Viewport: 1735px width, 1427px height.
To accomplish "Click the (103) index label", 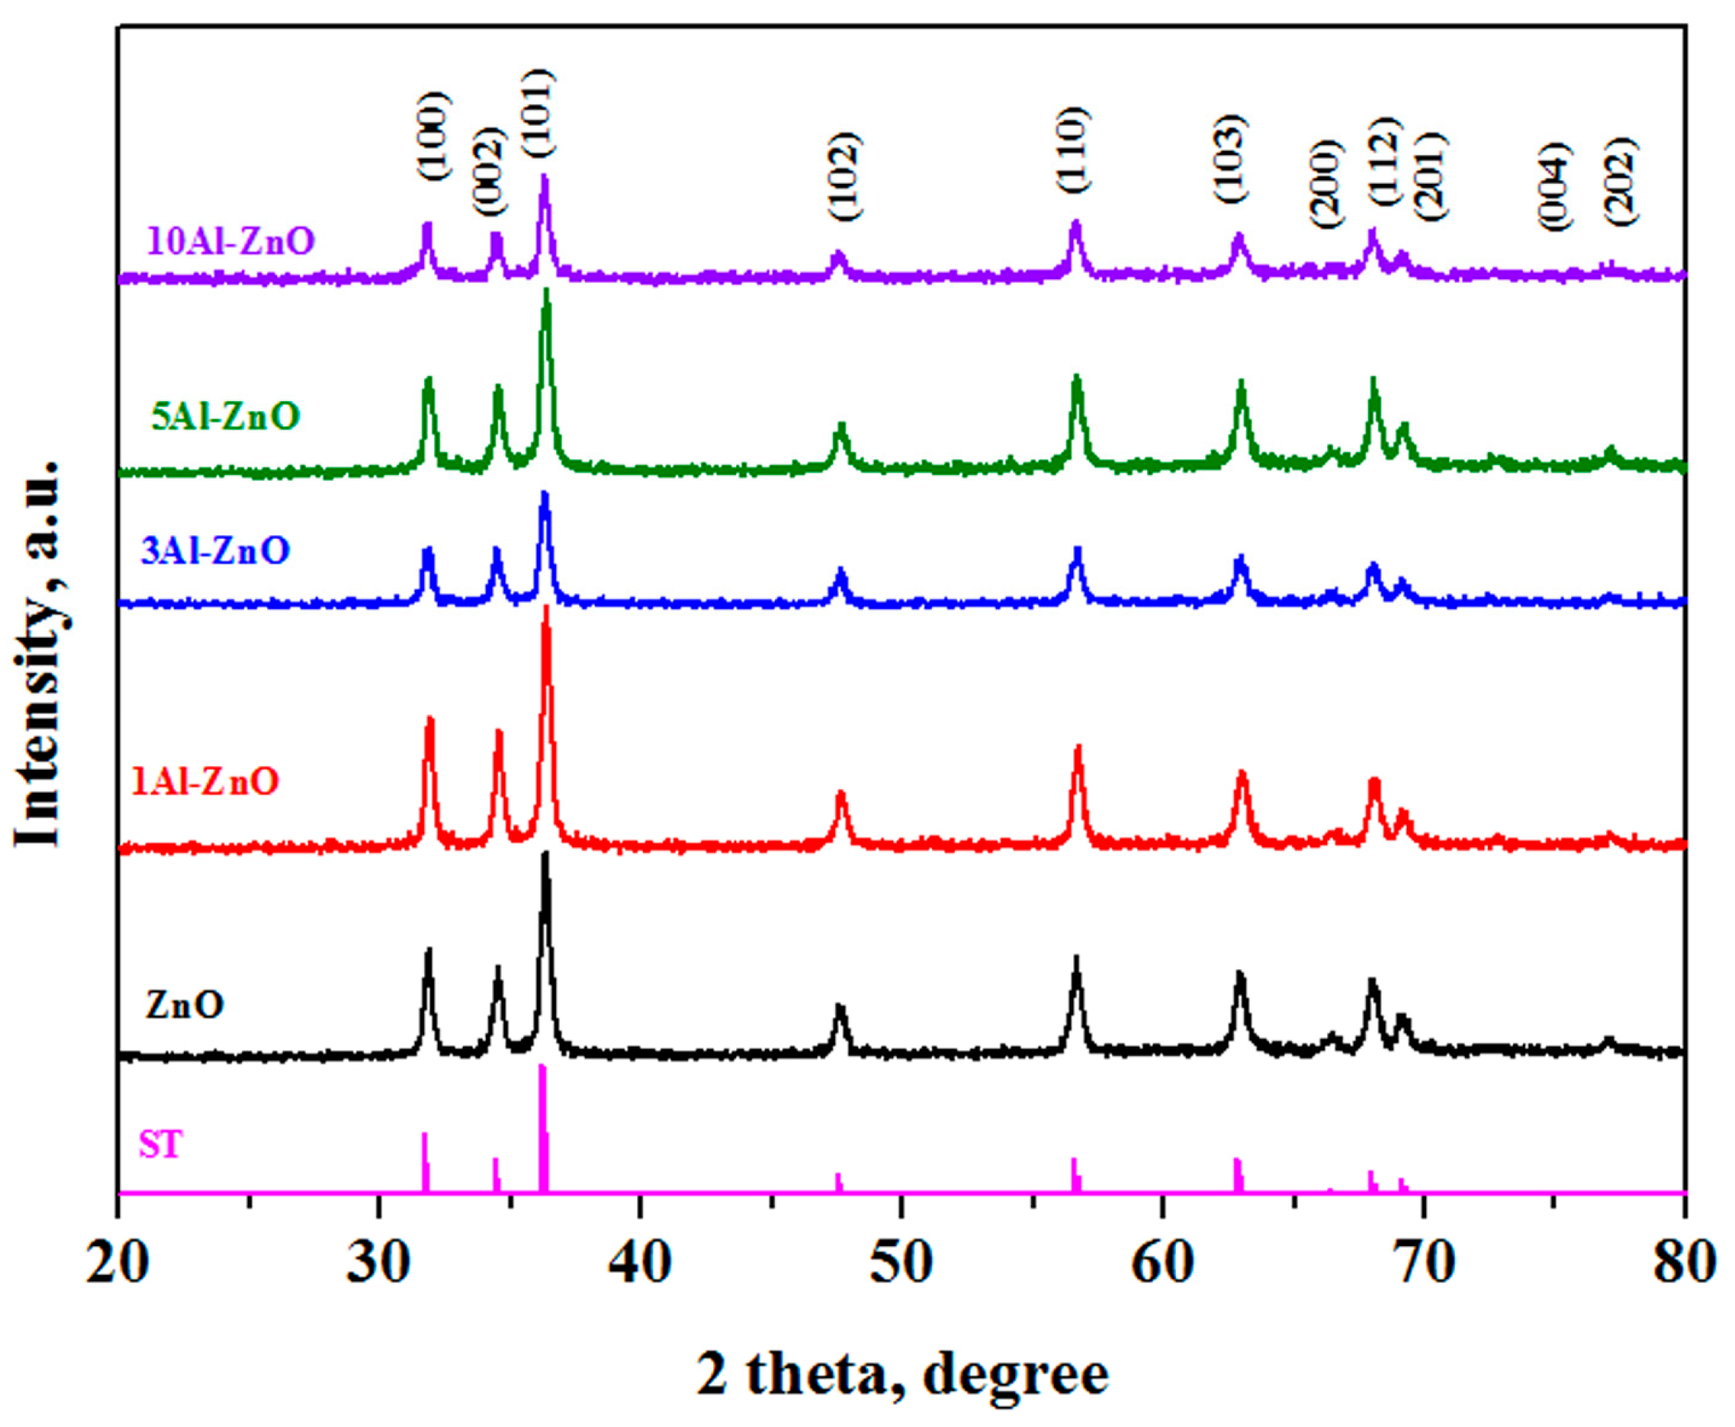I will (1230, 159).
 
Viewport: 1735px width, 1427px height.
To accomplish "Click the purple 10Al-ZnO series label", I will (231, 242).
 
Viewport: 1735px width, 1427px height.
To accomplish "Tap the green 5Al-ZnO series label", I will (226, 417).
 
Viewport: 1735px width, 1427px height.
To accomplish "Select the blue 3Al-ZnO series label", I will (215, 550).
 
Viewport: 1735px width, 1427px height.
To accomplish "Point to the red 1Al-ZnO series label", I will (205, 781).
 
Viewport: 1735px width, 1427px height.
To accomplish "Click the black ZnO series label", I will (185, 1006).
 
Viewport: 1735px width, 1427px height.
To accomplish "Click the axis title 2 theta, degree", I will (902, 1374).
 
